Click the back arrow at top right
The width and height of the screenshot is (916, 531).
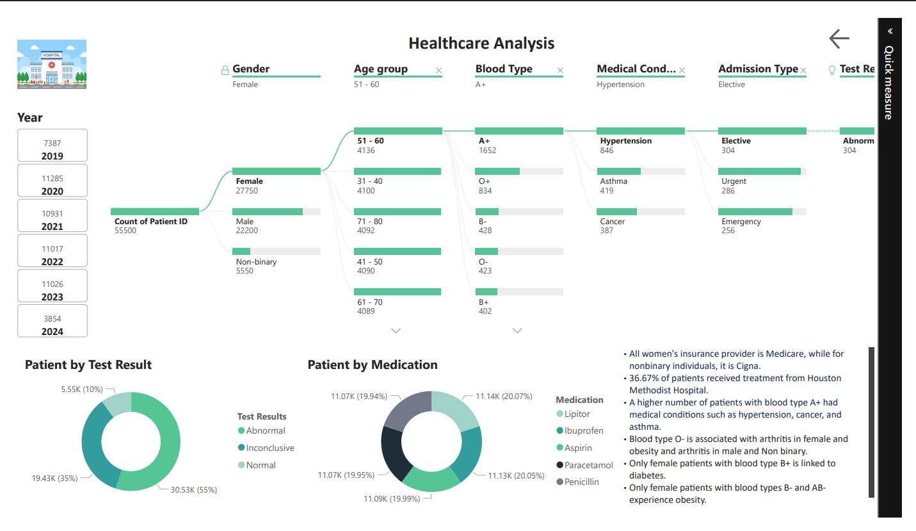(x=839, y=38)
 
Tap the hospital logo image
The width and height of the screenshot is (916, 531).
(x=52, y=64)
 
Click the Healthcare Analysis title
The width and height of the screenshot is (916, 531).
(x=481, y=44)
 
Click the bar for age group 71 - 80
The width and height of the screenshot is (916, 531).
(x=398, y=212)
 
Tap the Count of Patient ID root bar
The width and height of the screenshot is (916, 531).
(x=155, y=211)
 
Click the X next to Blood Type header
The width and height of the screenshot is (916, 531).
(x=560, y=70)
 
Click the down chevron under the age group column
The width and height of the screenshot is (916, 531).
(x=396, y=331)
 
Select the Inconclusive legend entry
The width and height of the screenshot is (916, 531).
(x=269, y=448)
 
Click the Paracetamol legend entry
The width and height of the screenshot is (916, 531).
(x=588, y=465)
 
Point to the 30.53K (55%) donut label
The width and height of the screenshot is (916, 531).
(x=193, y=490)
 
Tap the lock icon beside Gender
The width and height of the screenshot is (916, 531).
(x=225, y=70)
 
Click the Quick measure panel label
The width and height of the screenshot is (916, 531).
(x=889, y=82)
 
